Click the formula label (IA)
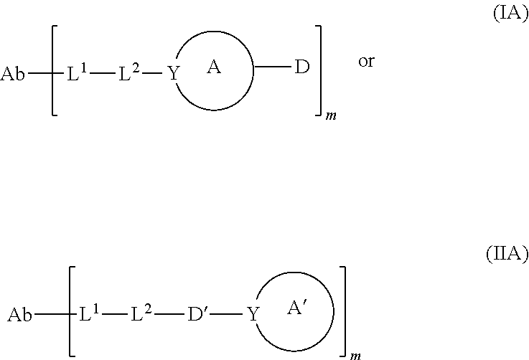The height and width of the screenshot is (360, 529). coord(510,15)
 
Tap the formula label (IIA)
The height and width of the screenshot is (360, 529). coord(507,254)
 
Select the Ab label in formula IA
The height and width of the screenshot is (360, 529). coord(13,74)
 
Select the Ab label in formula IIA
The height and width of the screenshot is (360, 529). coord(20,314)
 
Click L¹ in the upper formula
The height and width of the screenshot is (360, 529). coord(77,73)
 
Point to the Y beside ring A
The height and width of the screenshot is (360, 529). coord(172,74)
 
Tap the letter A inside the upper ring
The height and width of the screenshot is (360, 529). coord(213,67)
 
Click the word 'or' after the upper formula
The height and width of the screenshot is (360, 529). coord(366,62)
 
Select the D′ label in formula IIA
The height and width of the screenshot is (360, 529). coord(199,314)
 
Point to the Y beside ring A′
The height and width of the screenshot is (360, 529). coord(252,314)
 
